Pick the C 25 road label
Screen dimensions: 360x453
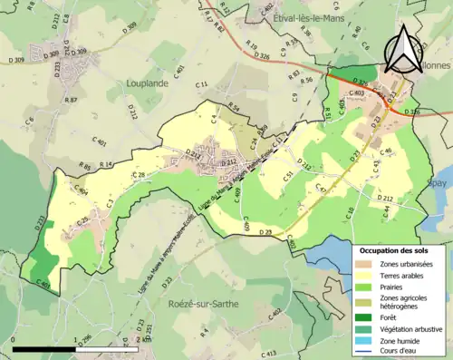(82, 220)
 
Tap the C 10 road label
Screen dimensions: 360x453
(351, 212)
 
